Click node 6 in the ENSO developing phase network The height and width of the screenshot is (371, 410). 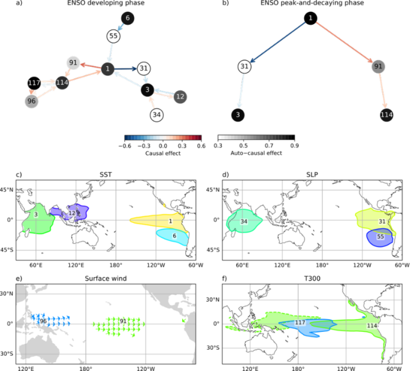pyautogui.click(x=128, y=18)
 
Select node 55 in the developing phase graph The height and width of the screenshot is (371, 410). pyautogui.click(x=114, y=36)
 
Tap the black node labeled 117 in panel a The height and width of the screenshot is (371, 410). pyautogui.click(x=34, y=83)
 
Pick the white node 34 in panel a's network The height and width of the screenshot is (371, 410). pyautogui.click(x=157, y=115)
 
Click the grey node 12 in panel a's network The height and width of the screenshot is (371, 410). pyautogui.click(x=180, y=97)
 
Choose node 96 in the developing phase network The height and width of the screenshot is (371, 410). pyautogui.click(x=31, y=101)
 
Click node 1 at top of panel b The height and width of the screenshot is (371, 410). pyautogui.click(x=311, y=18)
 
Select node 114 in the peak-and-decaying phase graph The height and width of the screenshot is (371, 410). pyautogui.click(x=386, y=115)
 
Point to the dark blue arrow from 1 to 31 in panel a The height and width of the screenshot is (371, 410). pyautogui.click(x=125, y=69)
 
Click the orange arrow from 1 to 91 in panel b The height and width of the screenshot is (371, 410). pyautogui.click(x=344, y=43)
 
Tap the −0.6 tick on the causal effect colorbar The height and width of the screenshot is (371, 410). pyautogui.click(x=125, y=146)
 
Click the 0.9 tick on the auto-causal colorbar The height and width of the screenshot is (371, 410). pyautogui.click(x=295, y=146)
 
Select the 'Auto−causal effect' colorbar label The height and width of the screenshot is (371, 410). pyautogui.click(x=256, y=153)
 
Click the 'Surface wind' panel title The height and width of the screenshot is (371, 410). pyautogui.click(x=106, y=279)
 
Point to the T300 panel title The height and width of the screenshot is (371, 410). pyautogui.click(x=312, y=279)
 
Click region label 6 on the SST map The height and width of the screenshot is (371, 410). pyautogui.click(x=175, y=236)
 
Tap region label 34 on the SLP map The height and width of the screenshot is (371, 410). pyautogui.click(x=244, y=222)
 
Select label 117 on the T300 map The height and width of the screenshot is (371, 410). pyautogui.click(x=300, y=322)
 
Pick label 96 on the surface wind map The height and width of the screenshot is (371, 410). pyautogui.click(x=43, y=321)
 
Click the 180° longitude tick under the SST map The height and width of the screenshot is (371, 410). pyautogui.click(x=116, y=265)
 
